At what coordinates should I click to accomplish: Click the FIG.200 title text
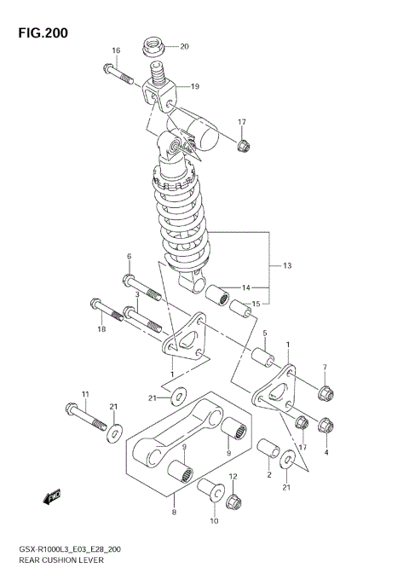[x=40, y=32]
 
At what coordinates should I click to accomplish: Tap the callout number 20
[x=184, y=46]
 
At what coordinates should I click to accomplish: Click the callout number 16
[x=116, y=51]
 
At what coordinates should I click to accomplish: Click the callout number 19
[x=195, y=86]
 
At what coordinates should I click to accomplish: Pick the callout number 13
[x=287, y=266]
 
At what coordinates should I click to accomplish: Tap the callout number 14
[x=246, y=287]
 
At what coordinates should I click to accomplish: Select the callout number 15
[x=256, y=304]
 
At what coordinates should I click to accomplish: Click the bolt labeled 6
[x=141, y=288]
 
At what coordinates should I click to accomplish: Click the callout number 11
[x=85, y=392]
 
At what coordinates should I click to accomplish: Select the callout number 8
[x=174, y=513]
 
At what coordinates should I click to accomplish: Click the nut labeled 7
[x=324, y=393]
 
